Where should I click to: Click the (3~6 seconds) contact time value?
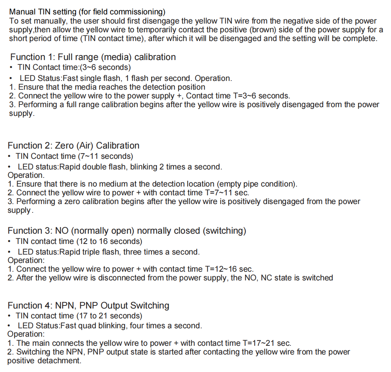105,67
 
